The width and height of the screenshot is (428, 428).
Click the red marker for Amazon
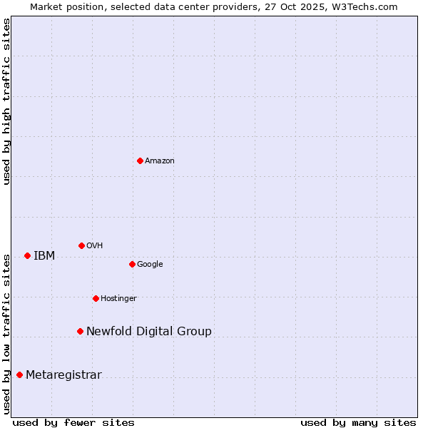tap(140, 160)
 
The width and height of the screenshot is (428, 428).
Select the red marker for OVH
tap(81, 245)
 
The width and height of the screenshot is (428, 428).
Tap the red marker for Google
tap(132, 264)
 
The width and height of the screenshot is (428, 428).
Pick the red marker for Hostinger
tap(96, 298)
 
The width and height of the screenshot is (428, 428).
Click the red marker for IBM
tap(27, 255)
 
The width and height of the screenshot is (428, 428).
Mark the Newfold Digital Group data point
tap(80, 331)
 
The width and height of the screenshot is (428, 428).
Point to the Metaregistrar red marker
tap(19, 374)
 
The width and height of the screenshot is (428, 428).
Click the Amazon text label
tap(160, 161)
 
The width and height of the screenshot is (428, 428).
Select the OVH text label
tap(95, 246)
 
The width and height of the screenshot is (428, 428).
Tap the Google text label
tap(150, 265)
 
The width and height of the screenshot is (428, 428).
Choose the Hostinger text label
tap(118, 299)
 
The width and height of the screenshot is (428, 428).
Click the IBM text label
tap(44, 256)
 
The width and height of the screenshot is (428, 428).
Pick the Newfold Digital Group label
tap(149, 332)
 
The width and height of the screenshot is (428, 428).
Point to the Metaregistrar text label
tap(63, 375)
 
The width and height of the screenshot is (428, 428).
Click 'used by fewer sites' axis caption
tap(73, 422)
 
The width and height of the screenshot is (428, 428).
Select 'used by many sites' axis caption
tap(358, 422)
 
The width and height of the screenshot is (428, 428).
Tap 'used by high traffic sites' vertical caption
tap(6, 101)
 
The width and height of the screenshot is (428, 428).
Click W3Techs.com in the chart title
tap(367, 6)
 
